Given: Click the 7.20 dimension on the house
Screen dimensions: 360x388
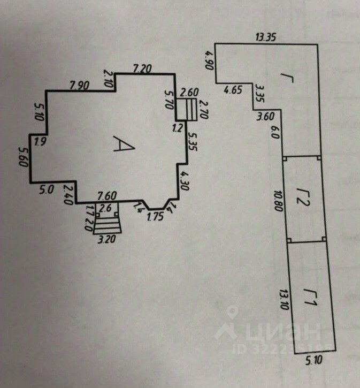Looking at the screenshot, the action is tap(142, 68).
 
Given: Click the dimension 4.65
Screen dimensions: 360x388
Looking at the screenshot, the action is tap(233, 90).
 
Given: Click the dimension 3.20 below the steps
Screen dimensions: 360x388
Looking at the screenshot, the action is tap(107, 239).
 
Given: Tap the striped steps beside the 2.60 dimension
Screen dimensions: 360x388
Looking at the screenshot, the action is tap(187, 109).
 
